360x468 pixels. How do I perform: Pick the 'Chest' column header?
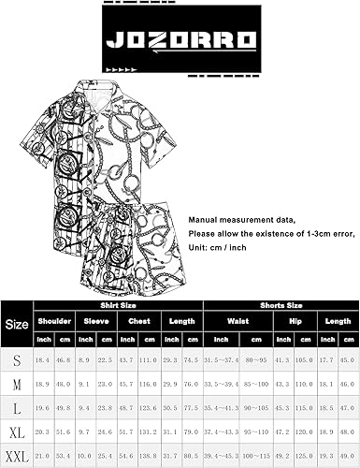pos(137,319)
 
